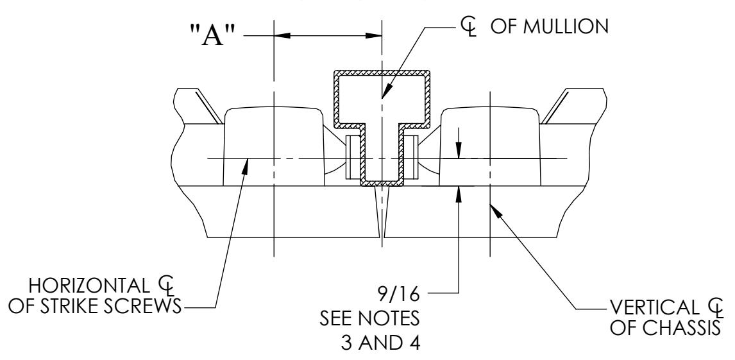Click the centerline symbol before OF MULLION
pyautogui.click(x=468, y=28)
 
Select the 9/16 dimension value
pyautogui.click(x=398, y=294)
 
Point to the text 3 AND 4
pyautogui.click(x=380, y=343)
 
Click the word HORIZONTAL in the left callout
pyautogui.click(x=88, y=285)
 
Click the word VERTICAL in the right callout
pyautogui.click(x=653, y=307)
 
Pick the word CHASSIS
pyautogui.click(x=682, y=328)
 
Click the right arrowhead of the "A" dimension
pyautogui.click(x=373, y=35)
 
